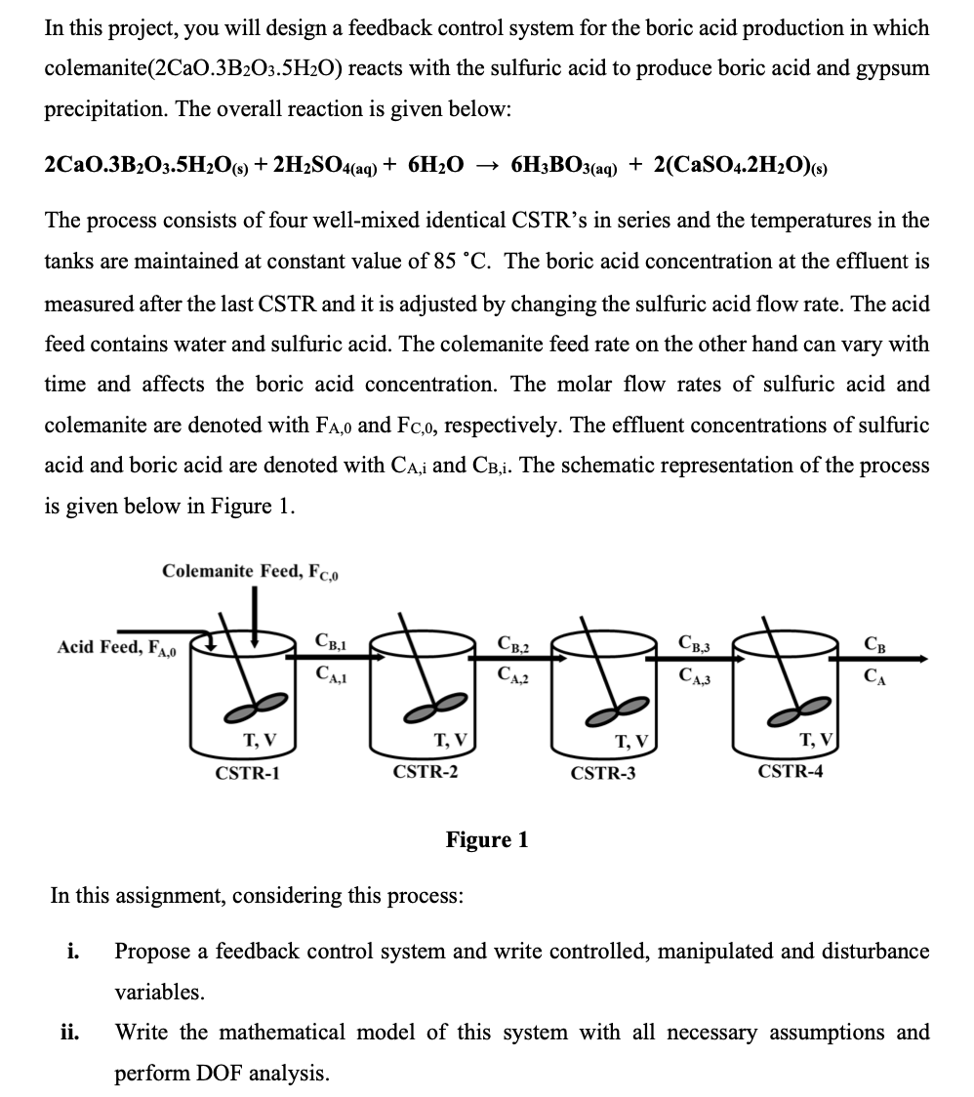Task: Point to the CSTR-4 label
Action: click(x=790, y=771)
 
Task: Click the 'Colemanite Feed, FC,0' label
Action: click(x=251, y=571)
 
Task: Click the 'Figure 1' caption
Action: click(x=487, y=839)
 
